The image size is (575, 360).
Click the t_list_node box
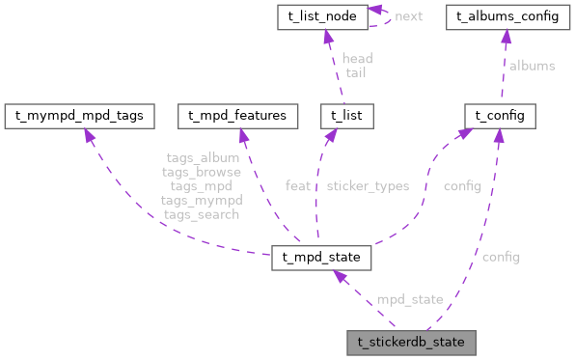pos(328,17)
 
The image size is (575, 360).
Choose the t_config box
pos(494,116)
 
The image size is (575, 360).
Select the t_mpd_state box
pos(321,258)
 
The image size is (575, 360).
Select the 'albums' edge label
pos(532,66)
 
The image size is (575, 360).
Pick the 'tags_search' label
pos(201,214)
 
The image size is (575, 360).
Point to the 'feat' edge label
pos(297,185)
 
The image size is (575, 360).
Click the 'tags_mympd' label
pos(201,200)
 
